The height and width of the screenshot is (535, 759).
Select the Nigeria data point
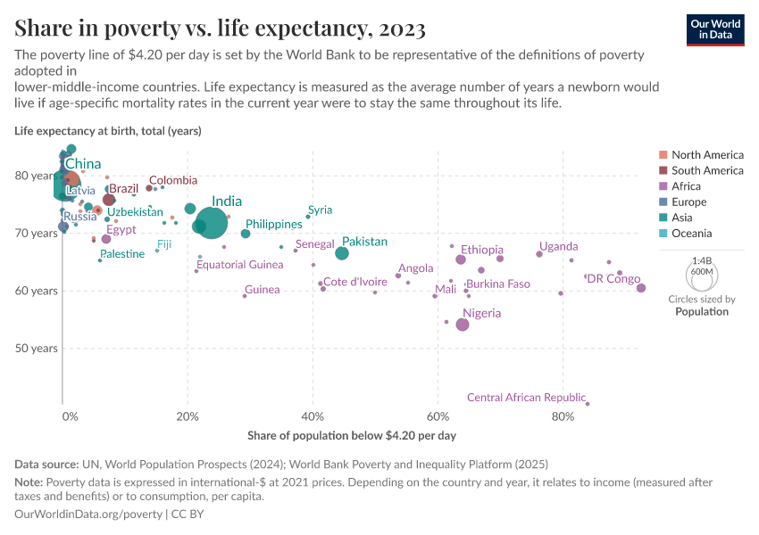[463, 325]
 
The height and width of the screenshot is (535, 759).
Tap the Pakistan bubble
[342, 253]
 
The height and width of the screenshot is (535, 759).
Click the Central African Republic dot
[588, 404]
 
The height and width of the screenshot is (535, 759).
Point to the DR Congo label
[613, 279]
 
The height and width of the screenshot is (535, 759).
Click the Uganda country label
[558, 246]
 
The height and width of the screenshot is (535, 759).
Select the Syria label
[320, 210]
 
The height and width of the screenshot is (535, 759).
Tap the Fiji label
[164, 243]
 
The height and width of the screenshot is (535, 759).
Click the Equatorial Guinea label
[239, 264]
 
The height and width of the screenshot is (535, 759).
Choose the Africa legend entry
[686, 186]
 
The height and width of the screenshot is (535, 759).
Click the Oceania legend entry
[691, 234]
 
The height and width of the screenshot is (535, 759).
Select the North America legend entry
[706, 154]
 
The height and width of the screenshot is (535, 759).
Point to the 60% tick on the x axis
[438, 416]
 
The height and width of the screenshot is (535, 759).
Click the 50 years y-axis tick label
[38, 348]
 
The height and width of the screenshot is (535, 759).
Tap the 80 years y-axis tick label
[38, 176]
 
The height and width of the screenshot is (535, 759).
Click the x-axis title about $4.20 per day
[351, 436]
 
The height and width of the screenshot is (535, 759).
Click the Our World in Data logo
[715, 29]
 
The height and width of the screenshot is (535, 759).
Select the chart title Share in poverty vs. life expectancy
[220, 29]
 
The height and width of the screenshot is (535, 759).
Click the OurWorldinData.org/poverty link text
[88, 514]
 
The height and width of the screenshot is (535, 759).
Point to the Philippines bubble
[246, 234]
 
